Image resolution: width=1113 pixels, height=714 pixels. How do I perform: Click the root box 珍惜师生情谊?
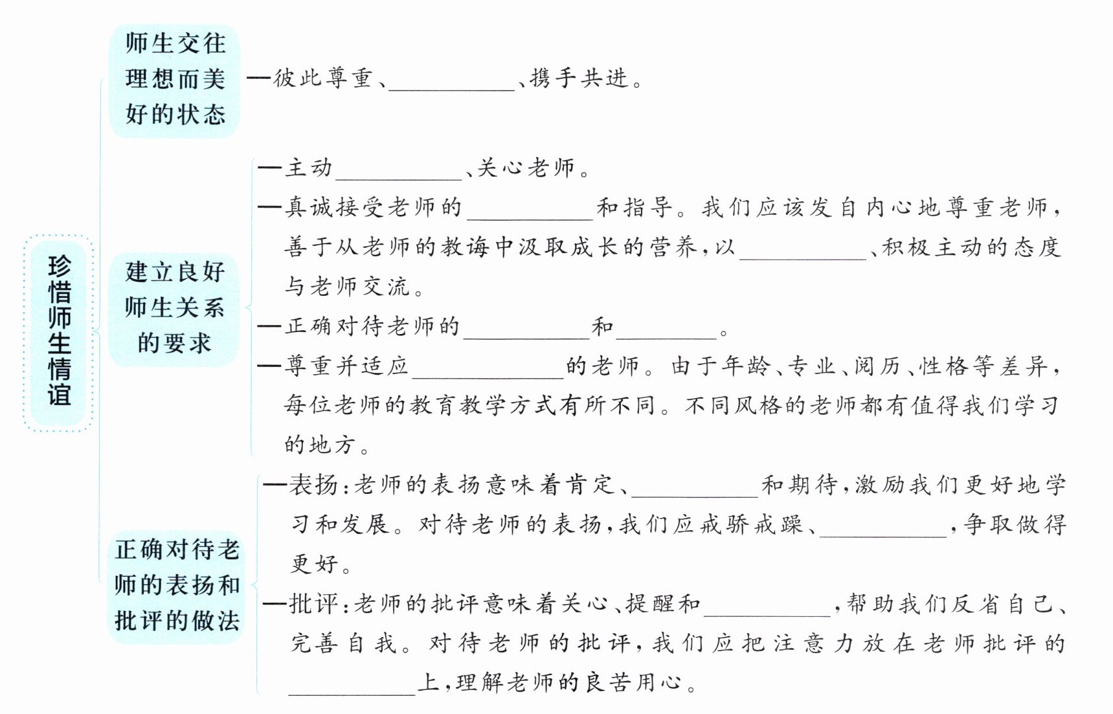(59, 332)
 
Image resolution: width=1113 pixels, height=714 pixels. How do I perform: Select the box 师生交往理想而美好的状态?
(175, 80)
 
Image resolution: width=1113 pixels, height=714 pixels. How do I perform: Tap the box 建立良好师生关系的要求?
(174, 307)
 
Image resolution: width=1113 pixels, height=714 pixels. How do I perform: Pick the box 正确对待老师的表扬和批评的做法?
(177, 585)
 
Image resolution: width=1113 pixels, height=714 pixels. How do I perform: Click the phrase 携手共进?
(579, 79)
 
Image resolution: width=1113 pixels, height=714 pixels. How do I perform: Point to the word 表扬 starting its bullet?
(313, 484)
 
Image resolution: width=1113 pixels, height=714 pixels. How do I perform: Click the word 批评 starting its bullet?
(313, 604)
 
